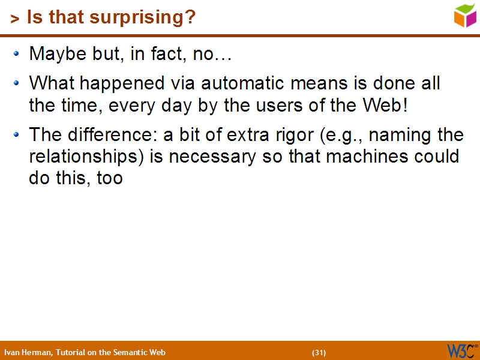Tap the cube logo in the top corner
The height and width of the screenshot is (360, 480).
(465, 15)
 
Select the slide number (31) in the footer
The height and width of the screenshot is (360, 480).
(319, 352)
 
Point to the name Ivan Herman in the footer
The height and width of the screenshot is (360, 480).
(28, 352)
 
